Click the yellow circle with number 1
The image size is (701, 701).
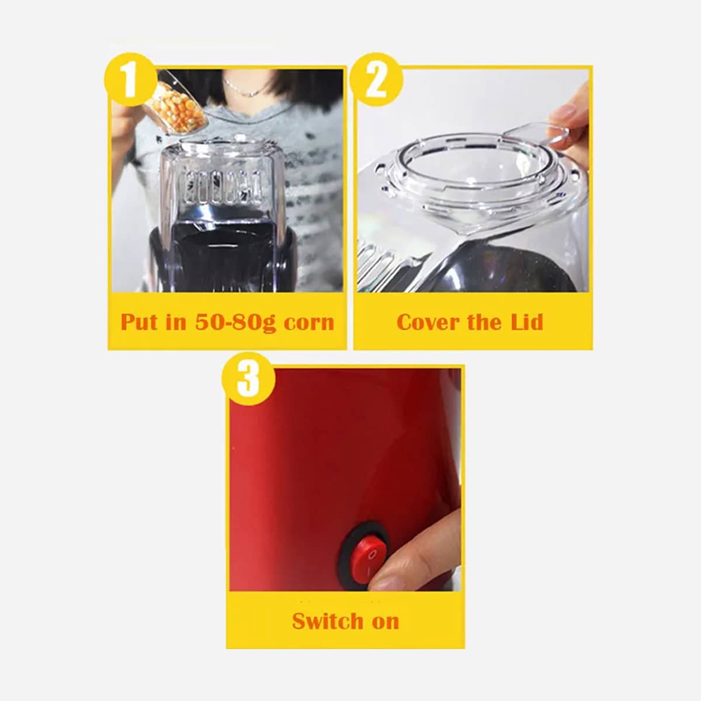(x=131, y=80)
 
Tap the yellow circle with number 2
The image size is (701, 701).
(x=376, y=80)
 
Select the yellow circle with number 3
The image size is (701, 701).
(x=248, y=379)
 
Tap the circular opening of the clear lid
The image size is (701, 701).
(x=473, y=165)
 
